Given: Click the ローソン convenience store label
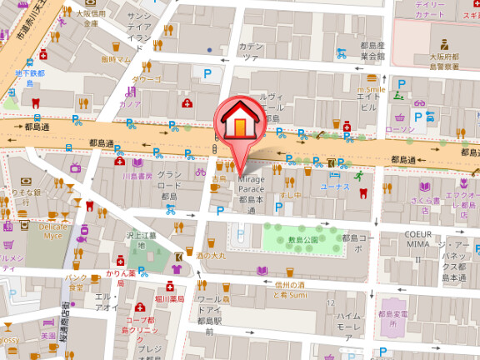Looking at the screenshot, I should (401, 130).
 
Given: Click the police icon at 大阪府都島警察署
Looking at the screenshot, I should (444, 44).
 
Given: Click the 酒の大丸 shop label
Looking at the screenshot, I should (211, 255).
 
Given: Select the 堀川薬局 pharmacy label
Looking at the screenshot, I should (169, 297).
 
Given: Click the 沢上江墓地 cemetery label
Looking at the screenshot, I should (141, 241).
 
